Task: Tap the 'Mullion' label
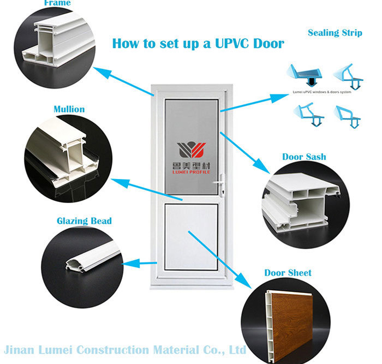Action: click(x=69, y=109)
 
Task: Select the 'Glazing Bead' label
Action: click(x=84, y=221)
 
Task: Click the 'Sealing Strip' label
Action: click(x=335, y=33)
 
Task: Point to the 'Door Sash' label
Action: click(x=304, y=157)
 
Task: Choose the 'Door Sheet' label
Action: click(x=288, y=272)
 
